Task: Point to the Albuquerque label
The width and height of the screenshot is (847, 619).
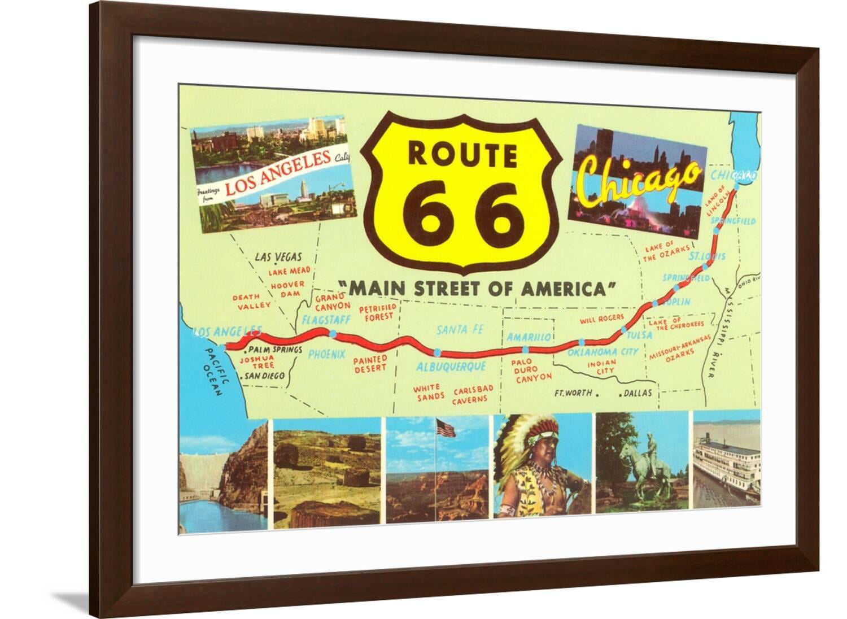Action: click(451, 366)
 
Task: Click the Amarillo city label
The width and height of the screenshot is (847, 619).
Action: click(529, 337)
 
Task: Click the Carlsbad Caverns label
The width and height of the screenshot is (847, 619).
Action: click(473, 394)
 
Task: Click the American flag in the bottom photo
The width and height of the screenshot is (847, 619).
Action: click(446, 428)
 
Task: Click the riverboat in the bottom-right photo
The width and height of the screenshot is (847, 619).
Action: click(726, 463)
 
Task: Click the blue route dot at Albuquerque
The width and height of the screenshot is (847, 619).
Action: click(437, 351)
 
